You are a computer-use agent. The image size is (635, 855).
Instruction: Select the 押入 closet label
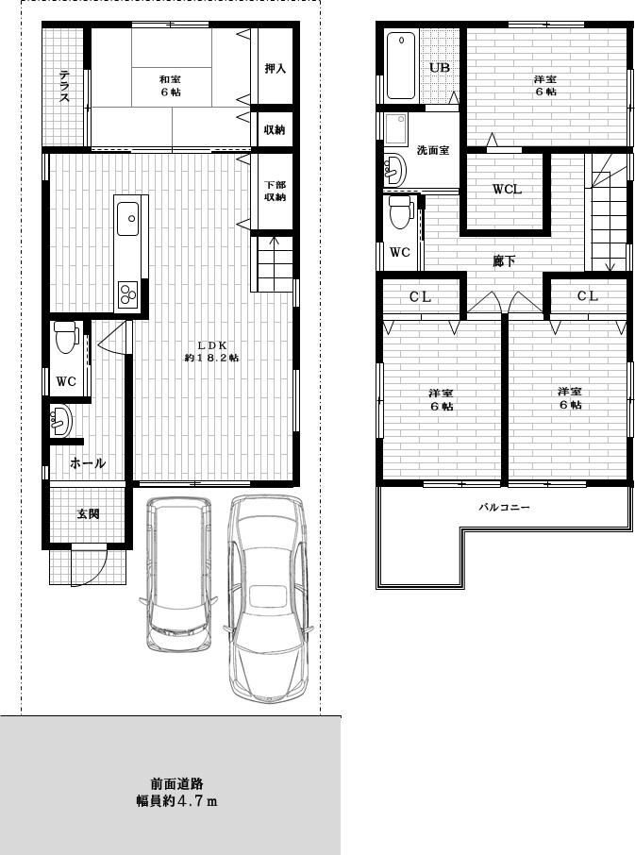click(275, 69)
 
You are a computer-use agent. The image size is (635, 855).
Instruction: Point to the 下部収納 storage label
click(275, 192)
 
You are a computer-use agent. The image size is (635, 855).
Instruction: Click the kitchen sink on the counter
click(129, 220)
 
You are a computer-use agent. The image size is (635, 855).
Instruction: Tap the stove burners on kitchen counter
click(128, 294)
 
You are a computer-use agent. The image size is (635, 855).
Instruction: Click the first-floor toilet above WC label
click(66, 337)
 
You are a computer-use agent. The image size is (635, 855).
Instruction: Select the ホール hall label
click(87, 463)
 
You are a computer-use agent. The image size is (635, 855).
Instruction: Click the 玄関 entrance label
click(88, 513)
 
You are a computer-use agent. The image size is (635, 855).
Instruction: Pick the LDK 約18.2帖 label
click(211, 351)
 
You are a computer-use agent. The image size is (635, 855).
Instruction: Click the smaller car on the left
click(180, 573)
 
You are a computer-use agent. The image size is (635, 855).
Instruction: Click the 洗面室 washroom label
click(432, 151)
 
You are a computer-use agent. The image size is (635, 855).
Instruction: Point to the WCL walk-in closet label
click(507, 189)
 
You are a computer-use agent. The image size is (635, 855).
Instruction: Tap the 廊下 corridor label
click(505, 260)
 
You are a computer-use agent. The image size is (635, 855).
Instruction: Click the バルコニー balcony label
click(505, 507)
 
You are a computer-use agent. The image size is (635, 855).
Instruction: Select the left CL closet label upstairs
click(421, 296)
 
